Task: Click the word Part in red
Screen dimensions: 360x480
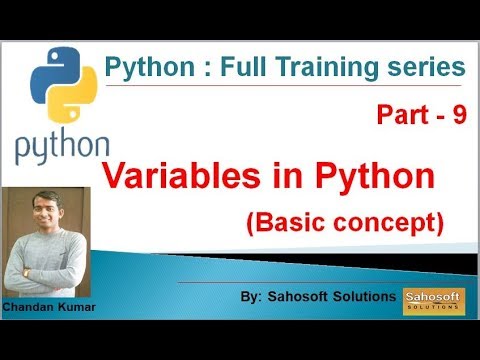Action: [401, 115]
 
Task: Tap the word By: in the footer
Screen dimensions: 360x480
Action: [253, 299]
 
